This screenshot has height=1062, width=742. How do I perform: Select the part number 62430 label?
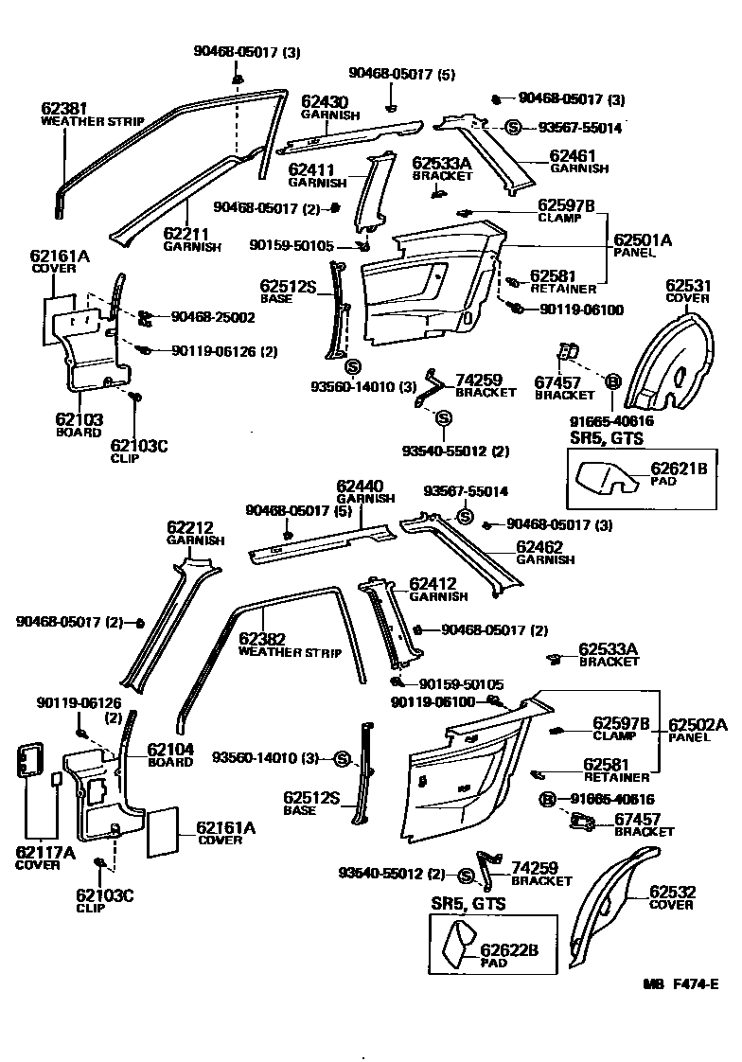(x=325, y=102)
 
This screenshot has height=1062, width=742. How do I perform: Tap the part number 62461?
(x=573, y=156)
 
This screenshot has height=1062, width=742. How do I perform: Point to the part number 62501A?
(x=643, y=240)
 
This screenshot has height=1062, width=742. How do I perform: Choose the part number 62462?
(x=539, y=547)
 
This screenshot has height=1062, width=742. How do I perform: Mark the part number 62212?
(x=190, y=527)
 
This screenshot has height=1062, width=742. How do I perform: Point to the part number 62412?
(x=433, y=584)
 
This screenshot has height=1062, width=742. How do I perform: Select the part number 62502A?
(x=698, y=725)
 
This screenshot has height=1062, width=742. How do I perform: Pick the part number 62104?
(x=170, y=749)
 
